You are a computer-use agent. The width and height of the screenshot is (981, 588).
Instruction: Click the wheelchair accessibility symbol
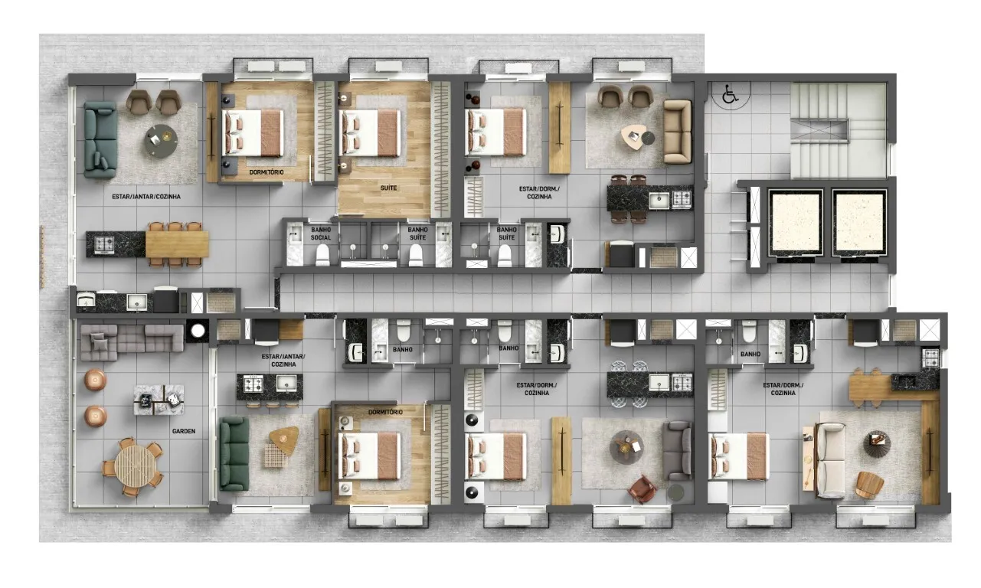coord(730,94)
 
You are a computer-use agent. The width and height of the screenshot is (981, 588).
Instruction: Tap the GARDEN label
coord(184,431)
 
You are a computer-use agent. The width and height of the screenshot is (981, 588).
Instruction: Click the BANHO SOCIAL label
coord(321,234)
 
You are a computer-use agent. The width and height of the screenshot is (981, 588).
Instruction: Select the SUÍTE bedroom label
coord(388,188)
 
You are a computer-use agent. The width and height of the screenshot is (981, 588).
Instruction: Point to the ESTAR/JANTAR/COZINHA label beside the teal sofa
coord(146,197)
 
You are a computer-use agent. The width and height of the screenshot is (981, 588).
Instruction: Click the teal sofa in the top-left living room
coord(100,139)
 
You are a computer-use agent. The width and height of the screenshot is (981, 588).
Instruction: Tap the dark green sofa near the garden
coord(234,453)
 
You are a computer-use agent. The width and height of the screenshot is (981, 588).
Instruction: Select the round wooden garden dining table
coord(135,466)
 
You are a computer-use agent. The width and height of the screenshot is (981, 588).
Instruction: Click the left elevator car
coord(795,223)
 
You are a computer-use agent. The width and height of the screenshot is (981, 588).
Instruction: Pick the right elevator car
coord(859,223)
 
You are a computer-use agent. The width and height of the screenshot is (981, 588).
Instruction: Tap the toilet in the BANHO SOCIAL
coord(322,255)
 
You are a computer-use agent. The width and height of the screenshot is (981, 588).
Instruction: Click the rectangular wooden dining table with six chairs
coord(177,244)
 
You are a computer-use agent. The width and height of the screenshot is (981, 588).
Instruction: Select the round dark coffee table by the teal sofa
coord(161,141)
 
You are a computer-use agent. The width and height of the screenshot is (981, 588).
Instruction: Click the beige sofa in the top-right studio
coord(678,132)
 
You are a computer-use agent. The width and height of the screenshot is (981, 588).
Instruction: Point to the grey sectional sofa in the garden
coord(132,342)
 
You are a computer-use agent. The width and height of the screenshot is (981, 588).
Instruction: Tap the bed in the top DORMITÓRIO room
coord(252,132)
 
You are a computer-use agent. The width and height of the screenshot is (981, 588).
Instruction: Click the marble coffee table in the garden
coord(159,400)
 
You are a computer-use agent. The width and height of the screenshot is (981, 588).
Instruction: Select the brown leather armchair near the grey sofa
coord(642,489)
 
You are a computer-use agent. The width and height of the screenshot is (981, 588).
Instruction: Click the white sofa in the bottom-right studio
coord(830,461)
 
